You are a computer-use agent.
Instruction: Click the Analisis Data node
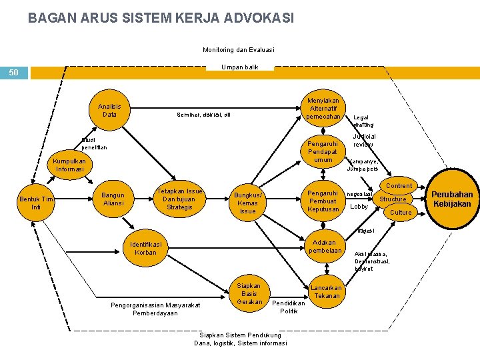coord(109,110)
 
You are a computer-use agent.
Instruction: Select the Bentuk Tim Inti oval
coord(37,203)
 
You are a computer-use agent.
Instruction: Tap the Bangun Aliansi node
coord(113,199)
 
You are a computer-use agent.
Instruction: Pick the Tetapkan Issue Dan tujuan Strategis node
coord(179,199)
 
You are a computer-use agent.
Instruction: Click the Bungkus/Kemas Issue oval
coord(247,203)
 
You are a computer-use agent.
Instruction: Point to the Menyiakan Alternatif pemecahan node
coord(323,109)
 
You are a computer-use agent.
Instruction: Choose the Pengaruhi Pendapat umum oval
coord(323,151)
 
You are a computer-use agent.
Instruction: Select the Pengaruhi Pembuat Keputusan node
coord(323,201)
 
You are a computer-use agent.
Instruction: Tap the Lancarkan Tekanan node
coord(327,292)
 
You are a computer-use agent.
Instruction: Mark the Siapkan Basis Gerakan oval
coord(249,293)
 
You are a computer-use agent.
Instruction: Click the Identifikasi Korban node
coord(145,248)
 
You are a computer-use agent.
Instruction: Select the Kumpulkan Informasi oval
coord(70,165)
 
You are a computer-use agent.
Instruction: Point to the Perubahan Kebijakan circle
coord(451,199)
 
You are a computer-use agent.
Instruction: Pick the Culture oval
coord(401,212)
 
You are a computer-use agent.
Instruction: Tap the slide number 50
coord(14,72)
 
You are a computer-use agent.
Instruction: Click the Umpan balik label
coord(240,67)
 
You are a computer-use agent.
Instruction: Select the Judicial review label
coord(364,140)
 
